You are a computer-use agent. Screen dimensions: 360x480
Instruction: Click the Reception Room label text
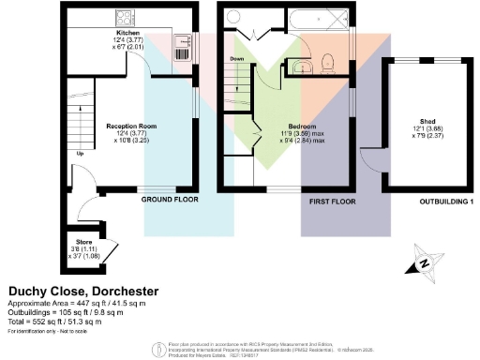click(130, 125)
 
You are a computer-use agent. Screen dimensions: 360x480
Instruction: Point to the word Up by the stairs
click(80, 154)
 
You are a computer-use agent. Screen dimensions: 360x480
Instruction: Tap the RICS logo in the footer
click(157, 349)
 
